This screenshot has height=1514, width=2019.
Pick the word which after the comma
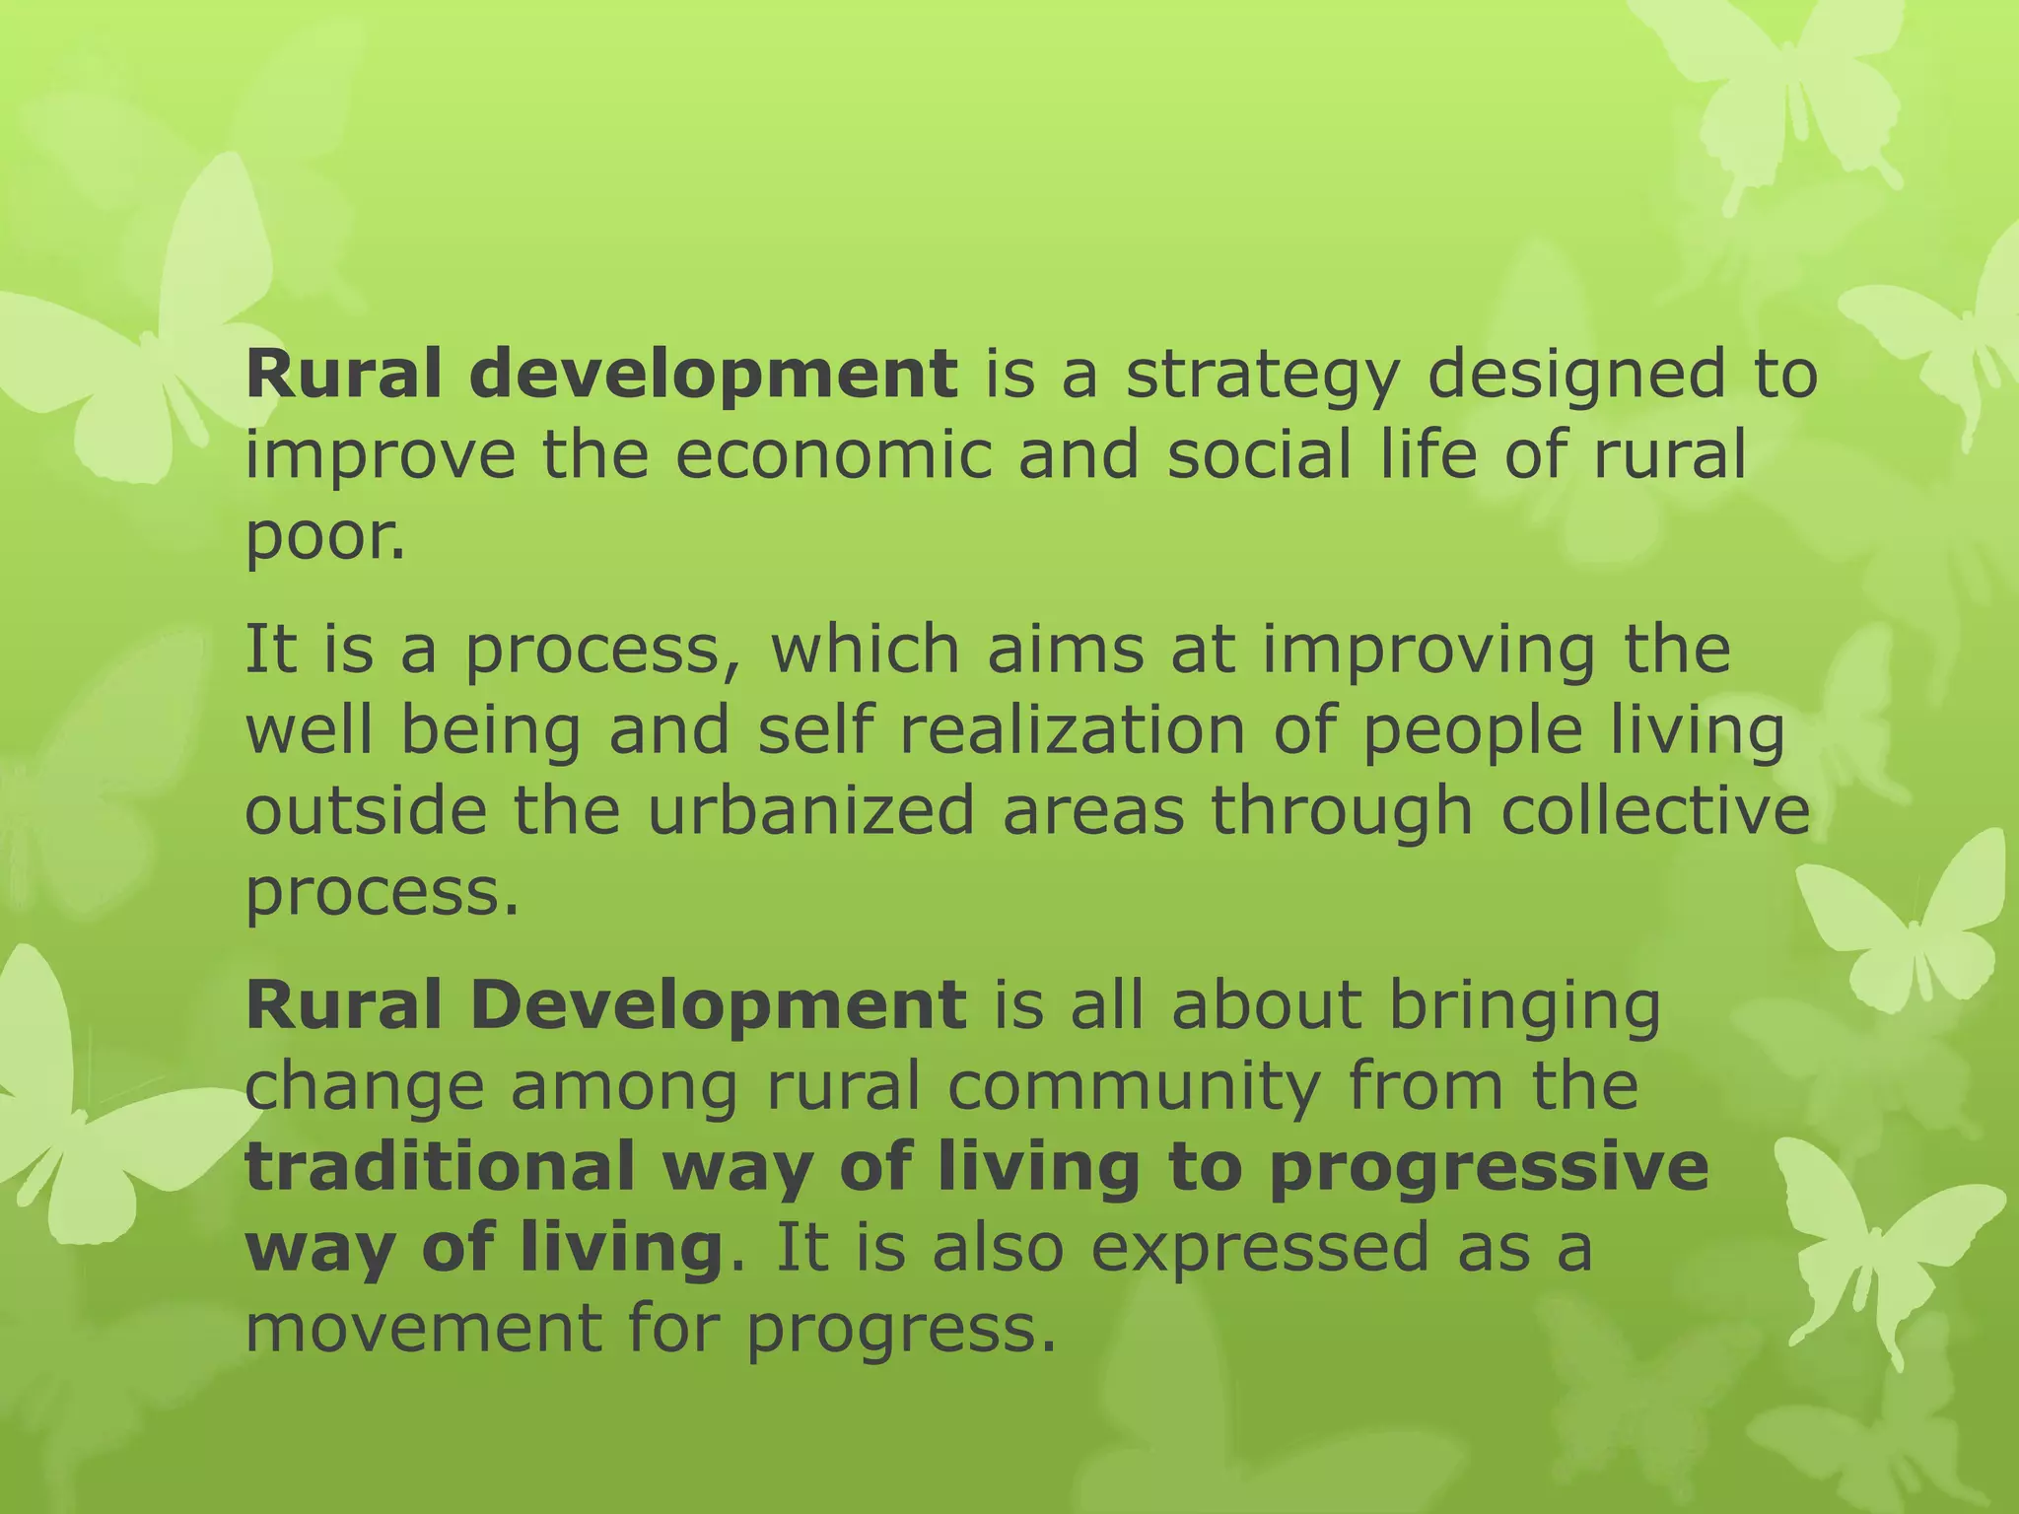click(865, 651)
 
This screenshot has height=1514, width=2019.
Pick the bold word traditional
click(440, 1166)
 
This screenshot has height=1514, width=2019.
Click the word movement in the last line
click(423, 1328)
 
